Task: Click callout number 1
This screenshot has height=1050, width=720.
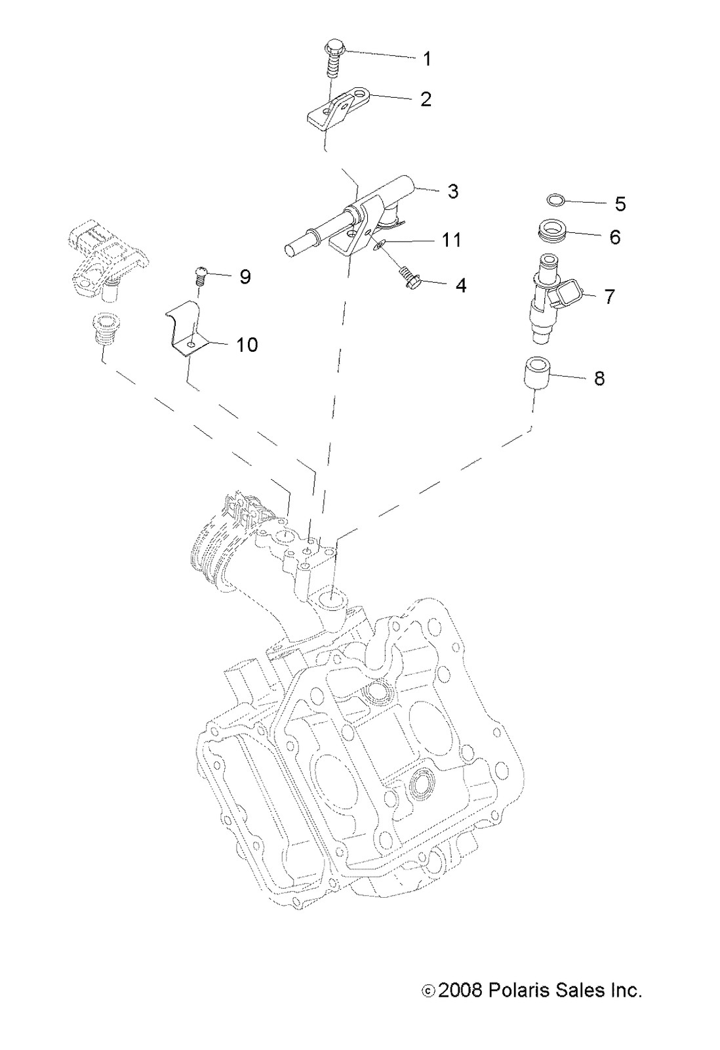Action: (427, 59)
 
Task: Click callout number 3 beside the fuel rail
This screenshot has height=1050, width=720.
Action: (452, 192)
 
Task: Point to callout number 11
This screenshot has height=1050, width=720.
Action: (450, 240)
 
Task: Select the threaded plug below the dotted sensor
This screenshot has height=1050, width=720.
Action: (102, 328)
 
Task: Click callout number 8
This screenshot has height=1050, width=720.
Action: (599, 379)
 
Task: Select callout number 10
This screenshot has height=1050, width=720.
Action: (247, 345)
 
